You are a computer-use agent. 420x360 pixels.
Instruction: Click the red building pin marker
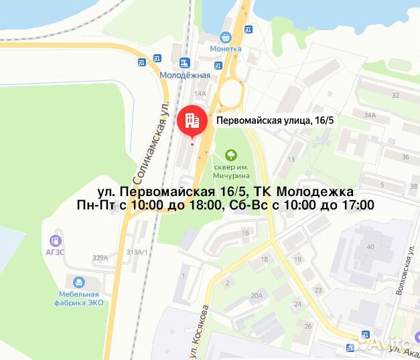tap(192, 120)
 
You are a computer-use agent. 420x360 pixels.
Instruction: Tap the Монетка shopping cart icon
tap(226, 38)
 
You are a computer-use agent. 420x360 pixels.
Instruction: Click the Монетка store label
tap(225, 50)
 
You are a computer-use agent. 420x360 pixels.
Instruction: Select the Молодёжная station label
tap(185, 75)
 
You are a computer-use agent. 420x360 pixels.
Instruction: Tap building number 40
tap(370, 246)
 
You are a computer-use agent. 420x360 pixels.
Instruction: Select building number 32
tap(395, 96)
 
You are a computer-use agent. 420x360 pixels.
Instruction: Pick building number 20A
tap(256, 295)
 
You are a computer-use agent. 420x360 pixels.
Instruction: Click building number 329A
tap(100, 258)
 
